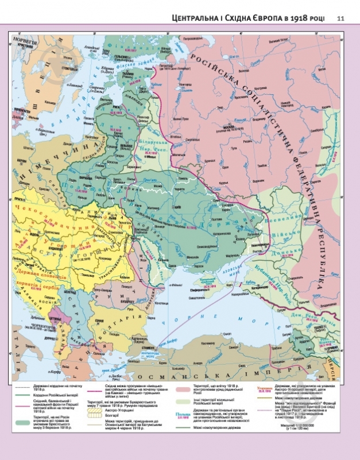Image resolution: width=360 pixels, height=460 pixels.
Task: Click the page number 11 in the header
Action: click(x=340, y=18)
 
